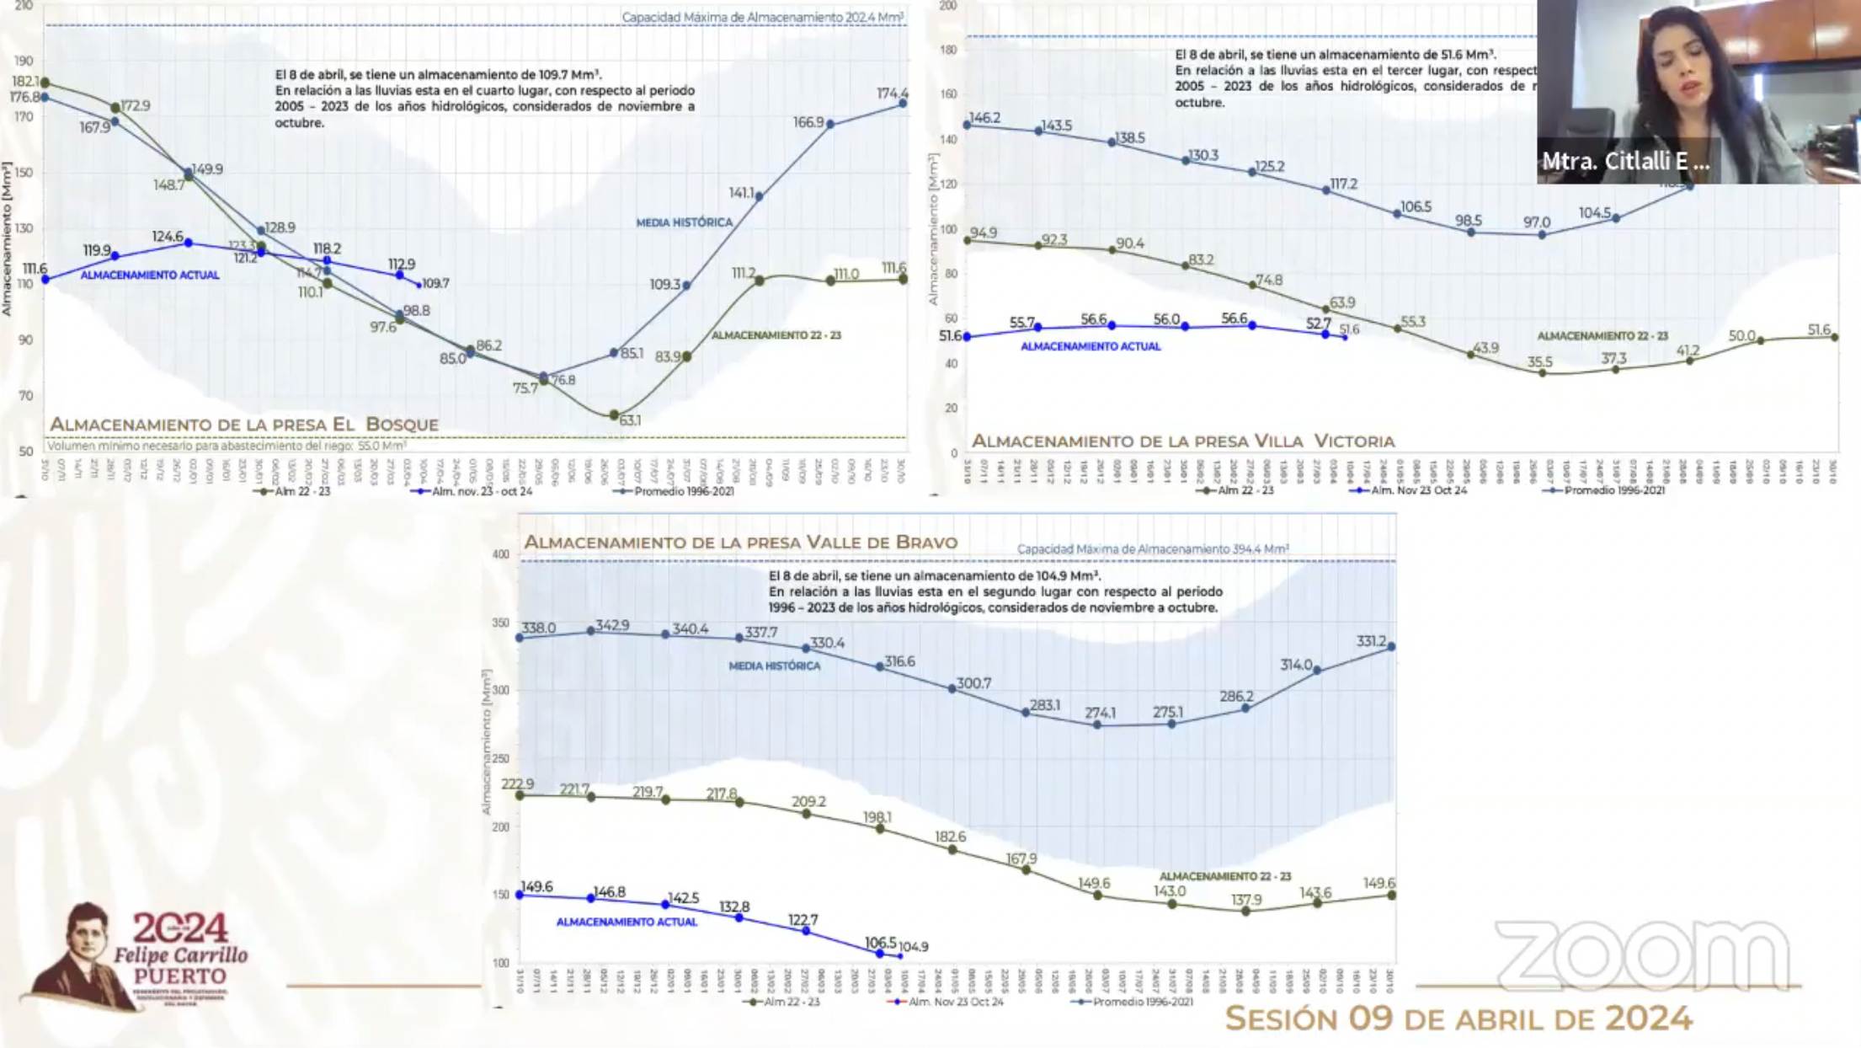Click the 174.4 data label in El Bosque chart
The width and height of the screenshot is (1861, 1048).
click(892, 94)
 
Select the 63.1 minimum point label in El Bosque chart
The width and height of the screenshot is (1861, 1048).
click(630, 420)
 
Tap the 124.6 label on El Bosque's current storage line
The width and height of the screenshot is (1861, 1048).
click(168, 237)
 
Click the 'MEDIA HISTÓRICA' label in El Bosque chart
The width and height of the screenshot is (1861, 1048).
click(684, 222)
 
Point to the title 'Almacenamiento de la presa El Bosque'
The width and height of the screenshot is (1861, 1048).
click(244, 425)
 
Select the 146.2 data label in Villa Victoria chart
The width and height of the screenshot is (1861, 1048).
click(984, 118)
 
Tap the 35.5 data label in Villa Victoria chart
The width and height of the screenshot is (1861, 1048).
click(1539, 362)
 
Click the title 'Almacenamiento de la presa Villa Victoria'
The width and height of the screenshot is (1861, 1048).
click(1183, 441)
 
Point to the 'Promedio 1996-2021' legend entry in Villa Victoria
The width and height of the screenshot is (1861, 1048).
click(1613, 490)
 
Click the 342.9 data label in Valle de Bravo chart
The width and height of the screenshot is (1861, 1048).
click(612, 625)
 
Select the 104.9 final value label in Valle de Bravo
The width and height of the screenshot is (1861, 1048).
click(913, 947)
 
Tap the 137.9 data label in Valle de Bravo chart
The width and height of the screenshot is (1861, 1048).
click(1246, 900)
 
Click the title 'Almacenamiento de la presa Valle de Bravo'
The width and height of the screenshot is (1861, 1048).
click(741, 543)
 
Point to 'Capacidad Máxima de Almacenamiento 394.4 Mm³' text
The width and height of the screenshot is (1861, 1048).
click(1152, 549)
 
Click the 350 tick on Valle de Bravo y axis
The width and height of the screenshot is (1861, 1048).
click(501, 623)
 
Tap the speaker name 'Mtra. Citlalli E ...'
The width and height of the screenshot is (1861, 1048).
click(1625, 162)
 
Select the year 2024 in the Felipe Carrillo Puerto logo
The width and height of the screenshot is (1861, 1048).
click(180, 928)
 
